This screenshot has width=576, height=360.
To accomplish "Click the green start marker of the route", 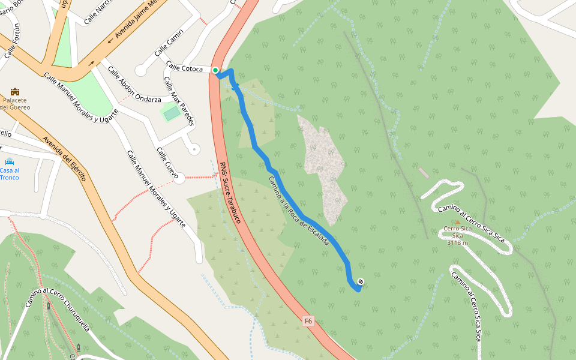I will coord(215,70).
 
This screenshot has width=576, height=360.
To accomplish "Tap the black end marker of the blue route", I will coord(361,281).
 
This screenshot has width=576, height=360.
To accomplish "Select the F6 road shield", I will coord(308,321).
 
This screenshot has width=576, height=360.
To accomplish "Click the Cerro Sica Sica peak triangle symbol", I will coord(457,222).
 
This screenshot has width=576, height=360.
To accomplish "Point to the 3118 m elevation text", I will coord(457,242).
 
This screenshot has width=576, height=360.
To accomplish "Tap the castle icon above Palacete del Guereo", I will coord(15,91).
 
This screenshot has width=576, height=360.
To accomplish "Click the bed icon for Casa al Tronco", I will coord(10,161).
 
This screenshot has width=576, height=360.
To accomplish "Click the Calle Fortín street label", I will coord(13,41).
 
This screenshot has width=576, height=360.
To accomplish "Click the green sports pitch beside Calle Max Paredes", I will coord(172,112).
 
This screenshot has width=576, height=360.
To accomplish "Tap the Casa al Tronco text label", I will coord(10,174).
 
